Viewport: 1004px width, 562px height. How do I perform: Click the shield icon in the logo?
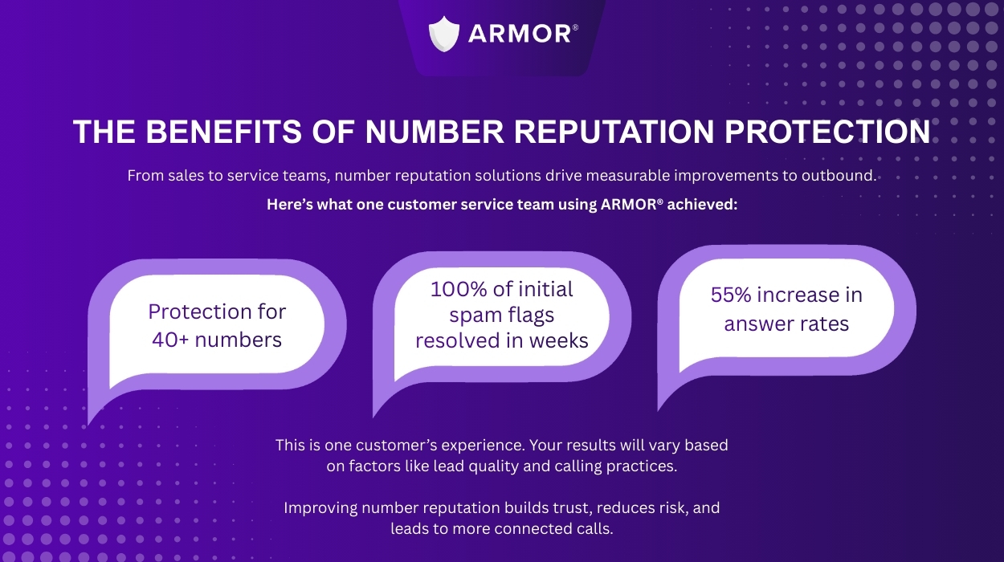[443, 34]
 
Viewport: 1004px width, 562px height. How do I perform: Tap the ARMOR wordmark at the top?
[520, 34]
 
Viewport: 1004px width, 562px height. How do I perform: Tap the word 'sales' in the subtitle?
[182, 175]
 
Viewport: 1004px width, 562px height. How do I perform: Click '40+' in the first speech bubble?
[170, 340]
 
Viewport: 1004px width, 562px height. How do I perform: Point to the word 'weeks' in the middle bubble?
[559, 340]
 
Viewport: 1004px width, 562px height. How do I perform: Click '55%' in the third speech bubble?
[730, 295]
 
